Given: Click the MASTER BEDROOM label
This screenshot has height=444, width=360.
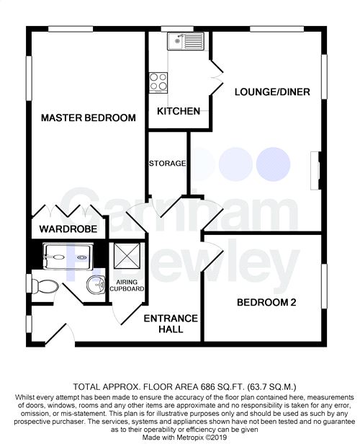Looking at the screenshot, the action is [x=89, y=117].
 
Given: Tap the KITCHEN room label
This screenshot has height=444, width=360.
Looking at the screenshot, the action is [x=179, y=111].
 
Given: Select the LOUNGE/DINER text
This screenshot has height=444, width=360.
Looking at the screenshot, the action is [x=272, y=92].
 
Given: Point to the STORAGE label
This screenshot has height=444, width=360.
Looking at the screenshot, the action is [x=168, y=164].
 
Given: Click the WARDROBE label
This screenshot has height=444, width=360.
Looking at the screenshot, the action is [x=68, y=228].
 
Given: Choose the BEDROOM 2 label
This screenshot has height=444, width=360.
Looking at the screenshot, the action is [x=266, y=303].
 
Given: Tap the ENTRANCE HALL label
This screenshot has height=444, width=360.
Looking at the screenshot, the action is [x=171, y=324].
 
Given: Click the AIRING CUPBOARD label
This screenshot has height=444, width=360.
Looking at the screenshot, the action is [x=127, y=285].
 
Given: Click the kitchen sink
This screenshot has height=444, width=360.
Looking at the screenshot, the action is [x=186, y=41].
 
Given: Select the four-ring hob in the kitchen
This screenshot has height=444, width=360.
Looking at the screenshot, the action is [x=158, y=82].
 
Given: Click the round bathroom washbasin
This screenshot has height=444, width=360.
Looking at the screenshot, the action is [x=96, y=285].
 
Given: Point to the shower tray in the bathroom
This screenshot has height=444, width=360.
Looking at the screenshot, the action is [x=68, y=257].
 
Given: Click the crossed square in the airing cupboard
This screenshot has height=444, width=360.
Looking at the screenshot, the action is [x=127, y=255].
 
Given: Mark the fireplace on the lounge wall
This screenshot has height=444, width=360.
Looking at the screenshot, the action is [x=315, y=171].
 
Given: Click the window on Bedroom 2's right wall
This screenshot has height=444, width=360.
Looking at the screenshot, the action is [x=324, y=286].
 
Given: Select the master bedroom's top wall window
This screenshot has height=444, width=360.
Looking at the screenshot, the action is [x=71, y=29].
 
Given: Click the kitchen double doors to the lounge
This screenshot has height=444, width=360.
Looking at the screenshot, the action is [x=217, y=76].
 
